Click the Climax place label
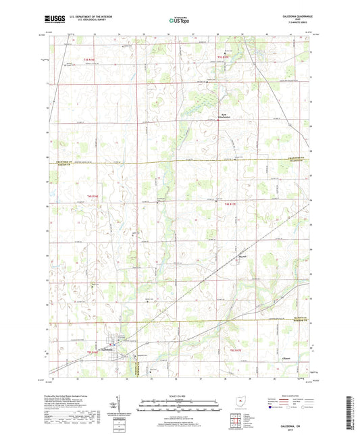coord(286,359)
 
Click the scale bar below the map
coord(179,407)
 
